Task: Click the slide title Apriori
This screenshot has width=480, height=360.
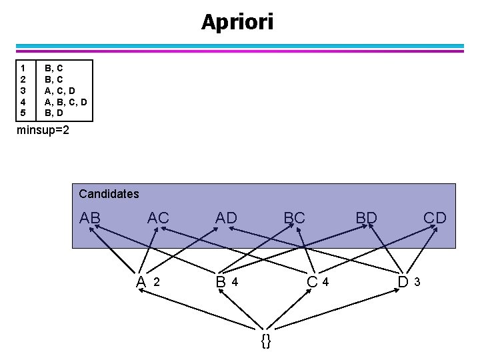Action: pyautogui.click(x=237, y=22)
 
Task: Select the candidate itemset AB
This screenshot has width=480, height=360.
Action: pyautogui.click(x=90, y=218)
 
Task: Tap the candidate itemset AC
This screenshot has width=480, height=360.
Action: pyautogui.click(x=158, y=218)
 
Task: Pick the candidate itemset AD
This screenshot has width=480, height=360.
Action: pyautogui.click(x=226, y=218)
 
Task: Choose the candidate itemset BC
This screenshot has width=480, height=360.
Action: pyautogui.click(x=294, y=218)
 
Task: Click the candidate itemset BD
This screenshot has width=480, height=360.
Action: pyautogui.click(x=366, y=218)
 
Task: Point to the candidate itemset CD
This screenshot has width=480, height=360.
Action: pyautogui.click(x=435, y=218)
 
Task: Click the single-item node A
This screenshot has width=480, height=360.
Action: pyautogui.click(x=141, y=282)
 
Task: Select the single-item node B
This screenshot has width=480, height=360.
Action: pyautogui.click(x=221, y=282)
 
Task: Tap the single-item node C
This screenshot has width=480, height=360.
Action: pyautogui.click(x=312, y=282)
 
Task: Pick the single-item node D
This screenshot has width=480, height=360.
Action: pyautogui.click(x=403, y=282)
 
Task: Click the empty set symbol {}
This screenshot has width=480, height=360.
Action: pyautogui.click(x=266, y=341)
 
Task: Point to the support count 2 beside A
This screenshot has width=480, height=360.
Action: pyautogui.click(x=157, y=282)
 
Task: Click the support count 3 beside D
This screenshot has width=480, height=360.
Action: pyautogui.click(x=417, y=282)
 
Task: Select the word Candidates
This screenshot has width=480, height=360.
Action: pyautogui.click(x=109, y=194)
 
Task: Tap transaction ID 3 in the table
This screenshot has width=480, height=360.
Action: pyautogui.click(x=23, y=90)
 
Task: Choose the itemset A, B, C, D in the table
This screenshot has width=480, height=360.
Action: pyautogui.click(x=65, y=101)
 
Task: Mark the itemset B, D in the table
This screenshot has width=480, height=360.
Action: pyautogui.click(x=54, y=113)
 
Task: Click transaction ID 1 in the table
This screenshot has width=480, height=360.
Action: pyautogui.click(x=23, y=67)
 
